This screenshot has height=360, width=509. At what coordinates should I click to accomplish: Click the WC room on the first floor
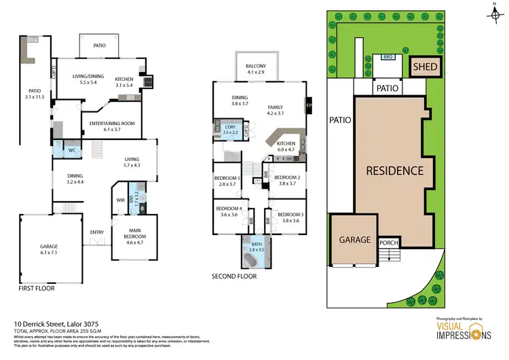[72, 150]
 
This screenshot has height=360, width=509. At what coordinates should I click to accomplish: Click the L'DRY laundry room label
[230, 128]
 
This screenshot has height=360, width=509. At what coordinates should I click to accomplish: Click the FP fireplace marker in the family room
[309, 107]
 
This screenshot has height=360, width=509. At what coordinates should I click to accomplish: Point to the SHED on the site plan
[426, 67]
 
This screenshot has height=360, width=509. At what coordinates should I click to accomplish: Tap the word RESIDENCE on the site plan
[395, 170]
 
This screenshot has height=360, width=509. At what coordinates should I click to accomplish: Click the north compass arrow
[493, 10]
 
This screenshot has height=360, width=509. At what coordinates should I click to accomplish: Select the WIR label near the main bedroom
[120, 200]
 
